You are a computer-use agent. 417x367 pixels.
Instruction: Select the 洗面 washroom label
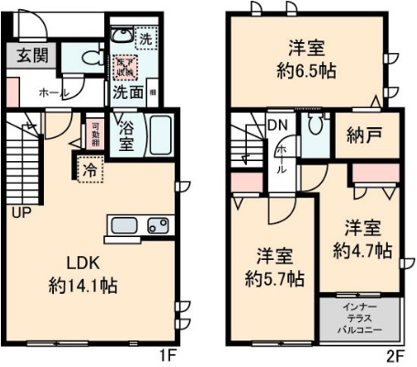click(x=127, y=92)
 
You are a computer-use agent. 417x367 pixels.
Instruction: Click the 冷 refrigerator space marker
click(x=90, y=168)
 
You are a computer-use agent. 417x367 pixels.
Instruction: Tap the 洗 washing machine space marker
click(x=144, y=38)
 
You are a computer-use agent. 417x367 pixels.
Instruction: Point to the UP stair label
click(x=18, y=213)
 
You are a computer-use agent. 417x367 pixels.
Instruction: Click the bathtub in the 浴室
click(x=160, y=135)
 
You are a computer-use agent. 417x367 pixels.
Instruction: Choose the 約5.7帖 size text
click(x=274, y=279)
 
